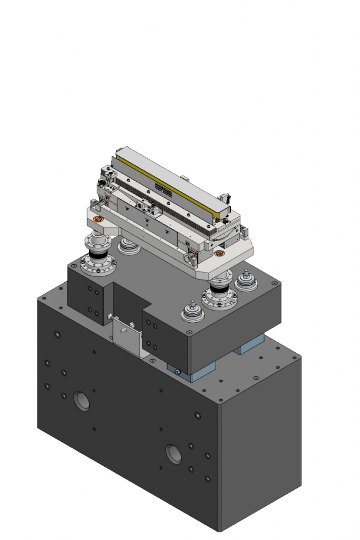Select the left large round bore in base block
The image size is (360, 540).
[x=82, y=401]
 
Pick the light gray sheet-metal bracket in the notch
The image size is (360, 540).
[x=127, y=337]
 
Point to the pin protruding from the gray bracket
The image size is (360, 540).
[x=122, y=330]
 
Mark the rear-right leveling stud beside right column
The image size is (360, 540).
[x=246, y=279]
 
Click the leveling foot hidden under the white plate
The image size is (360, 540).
[x=128, y=245]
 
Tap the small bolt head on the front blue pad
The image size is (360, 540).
[x=178, y=372]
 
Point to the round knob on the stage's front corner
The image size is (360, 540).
[x=190, y=257]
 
